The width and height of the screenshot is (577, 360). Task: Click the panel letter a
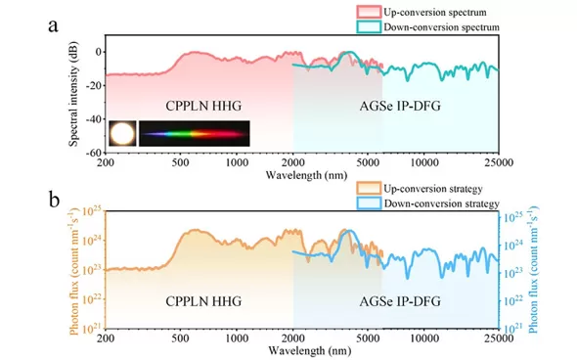coord(53,26)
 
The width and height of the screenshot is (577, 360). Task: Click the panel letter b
coord(54,201)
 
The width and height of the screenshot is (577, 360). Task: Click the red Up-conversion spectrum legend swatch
coord(369,12)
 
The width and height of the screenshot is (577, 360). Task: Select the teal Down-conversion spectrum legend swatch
coord(369,26)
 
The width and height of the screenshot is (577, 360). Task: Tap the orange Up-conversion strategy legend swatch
coord(369,189)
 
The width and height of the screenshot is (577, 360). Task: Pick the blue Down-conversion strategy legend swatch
coord(369,203)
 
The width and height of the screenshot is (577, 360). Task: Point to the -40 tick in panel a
coord(93,119)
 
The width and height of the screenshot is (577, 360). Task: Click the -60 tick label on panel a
coord(93,154)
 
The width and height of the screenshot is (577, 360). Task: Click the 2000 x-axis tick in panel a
coord(293,162)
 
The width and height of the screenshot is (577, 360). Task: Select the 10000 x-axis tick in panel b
coord(423,338)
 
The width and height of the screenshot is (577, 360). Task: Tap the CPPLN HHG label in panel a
coord(203,106)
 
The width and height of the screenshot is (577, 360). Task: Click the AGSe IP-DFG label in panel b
coord(400,301)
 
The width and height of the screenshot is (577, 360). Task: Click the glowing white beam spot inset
coord(122,133)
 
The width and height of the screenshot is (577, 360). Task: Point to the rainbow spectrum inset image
coord(195,133)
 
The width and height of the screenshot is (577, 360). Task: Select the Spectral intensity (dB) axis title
coord(73,94)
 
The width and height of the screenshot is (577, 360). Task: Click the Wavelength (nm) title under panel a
coord(306,175)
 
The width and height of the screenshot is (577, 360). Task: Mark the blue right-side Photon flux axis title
coord(533,270)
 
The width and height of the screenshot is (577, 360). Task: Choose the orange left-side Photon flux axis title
coord(74,272)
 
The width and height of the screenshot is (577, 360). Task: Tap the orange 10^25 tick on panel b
coord(93,211)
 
